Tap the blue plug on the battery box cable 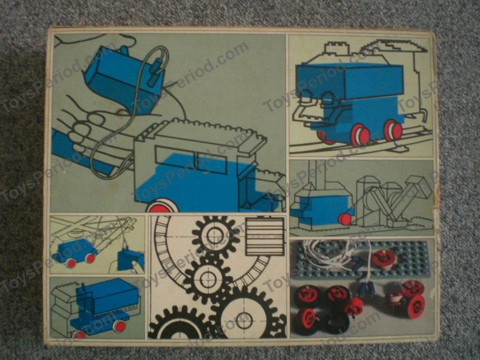(x=158, y=73)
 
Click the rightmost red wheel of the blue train (x=392, y=131)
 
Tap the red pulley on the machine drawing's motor (x=344, y=218)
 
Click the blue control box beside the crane (x=130, y=259)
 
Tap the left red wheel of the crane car (x=71, y=262)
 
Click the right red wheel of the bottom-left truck (x=119, y=326)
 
